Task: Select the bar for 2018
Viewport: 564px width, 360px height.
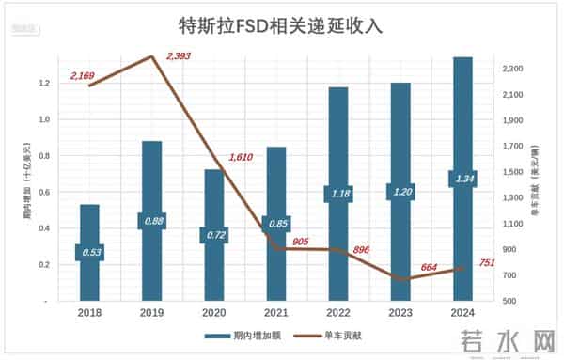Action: [89, 273]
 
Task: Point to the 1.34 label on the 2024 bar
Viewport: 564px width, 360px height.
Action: [463, 179]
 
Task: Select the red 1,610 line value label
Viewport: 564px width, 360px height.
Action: [242, 158]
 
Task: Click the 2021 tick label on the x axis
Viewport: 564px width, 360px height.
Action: [276, 313]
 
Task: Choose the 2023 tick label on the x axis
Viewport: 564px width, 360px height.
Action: [400, 313]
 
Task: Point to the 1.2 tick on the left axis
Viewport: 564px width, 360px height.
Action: [43, 84]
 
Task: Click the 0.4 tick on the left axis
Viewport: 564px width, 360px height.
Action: [43, 228]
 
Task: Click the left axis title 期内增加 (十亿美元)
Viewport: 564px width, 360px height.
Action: [27, 178]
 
